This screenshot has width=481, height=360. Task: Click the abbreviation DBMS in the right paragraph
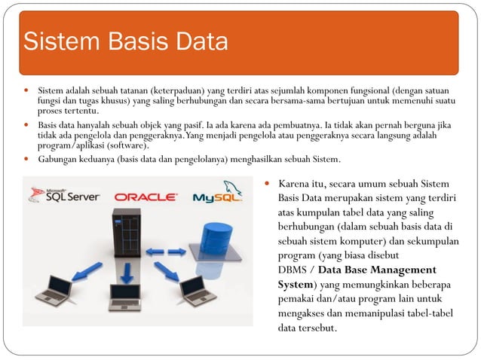coord(294,270)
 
